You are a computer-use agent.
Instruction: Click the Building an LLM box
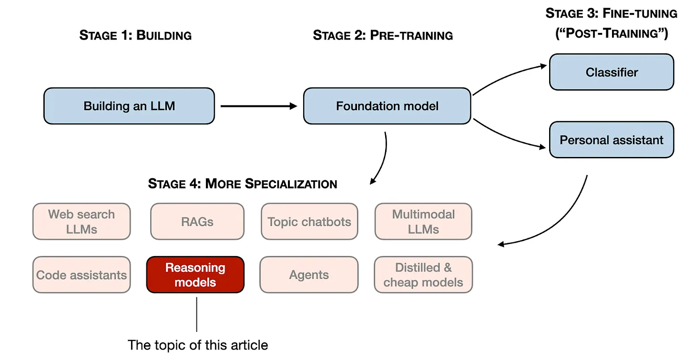pos(129,106)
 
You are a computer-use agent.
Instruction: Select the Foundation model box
pos(387,106)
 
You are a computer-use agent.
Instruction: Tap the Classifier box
pos(612,72)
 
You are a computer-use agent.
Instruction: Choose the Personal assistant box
pos(612,140)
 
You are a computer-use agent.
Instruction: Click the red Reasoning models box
pos(195,275)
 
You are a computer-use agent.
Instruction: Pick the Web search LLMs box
pos(82,221)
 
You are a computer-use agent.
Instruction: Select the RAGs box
pos(197,221)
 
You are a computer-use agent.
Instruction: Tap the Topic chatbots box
pos(309,221)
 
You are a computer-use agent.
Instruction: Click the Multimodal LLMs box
pos(423,221)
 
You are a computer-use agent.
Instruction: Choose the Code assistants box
pos(82,275)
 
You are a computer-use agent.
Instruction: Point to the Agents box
pos(309,275)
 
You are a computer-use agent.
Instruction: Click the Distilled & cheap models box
pos(423,275)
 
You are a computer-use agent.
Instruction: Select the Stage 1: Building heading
pos(135,35)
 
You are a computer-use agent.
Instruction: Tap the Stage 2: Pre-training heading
pos(383,35)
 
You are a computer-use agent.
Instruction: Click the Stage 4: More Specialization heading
pos(243,184)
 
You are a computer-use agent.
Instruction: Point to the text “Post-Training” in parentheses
pos(612,34)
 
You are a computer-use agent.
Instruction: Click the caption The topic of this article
pos(198,345)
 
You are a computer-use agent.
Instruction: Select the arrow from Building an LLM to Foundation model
pos(259,106)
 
